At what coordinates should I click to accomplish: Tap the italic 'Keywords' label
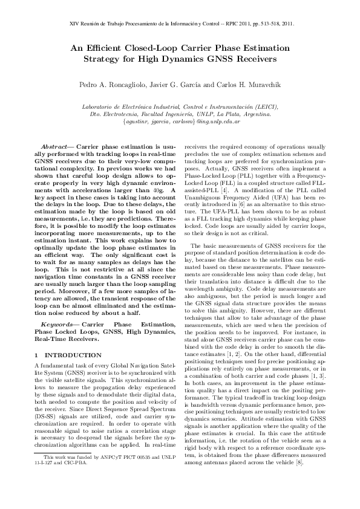click(54, 325)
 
